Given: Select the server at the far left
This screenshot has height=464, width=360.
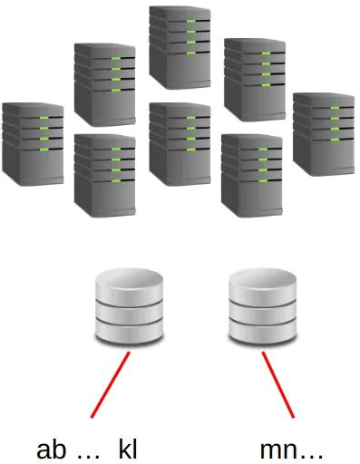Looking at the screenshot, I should (34, 144).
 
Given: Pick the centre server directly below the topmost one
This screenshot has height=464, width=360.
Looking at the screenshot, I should (180, 143).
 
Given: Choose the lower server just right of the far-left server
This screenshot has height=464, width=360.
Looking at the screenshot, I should (105, 174).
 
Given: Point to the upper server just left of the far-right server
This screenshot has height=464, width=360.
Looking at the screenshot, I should (250, 80).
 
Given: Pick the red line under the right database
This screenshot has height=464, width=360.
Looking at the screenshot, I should (282, 386).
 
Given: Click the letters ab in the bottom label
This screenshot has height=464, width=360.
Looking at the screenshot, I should (51, 448).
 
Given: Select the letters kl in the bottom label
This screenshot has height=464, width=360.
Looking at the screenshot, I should (128, 448).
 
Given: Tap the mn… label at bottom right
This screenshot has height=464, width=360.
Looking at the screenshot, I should (290, 449).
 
